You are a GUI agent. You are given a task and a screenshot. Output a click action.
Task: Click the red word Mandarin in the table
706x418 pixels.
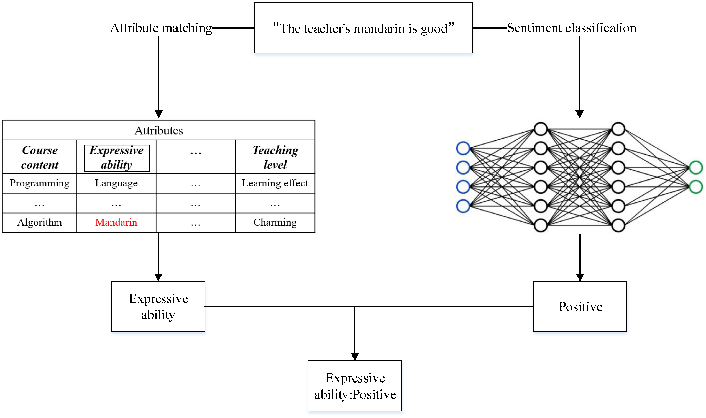(116, 222)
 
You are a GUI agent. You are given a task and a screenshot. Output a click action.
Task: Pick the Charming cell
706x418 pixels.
(275, 222)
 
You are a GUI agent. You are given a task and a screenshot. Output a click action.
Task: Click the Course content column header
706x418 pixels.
(40, 157)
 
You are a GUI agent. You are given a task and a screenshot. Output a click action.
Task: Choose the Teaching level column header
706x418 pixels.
(275, 157)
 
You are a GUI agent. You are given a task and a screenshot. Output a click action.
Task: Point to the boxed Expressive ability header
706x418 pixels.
(116, 158)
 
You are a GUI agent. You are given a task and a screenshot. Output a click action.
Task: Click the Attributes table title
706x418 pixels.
(159, 130)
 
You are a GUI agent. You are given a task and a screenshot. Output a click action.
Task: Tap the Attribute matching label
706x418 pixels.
(161, 28)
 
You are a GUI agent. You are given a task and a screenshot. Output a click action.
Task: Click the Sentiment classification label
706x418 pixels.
(572, 28)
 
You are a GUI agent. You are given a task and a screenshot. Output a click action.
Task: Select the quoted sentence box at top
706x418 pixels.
(363, 28)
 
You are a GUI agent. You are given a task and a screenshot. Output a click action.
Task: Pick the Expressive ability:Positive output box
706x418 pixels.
(355, 386)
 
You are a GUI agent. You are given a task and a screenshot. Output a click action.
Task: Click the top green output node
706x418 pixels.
(696, 168)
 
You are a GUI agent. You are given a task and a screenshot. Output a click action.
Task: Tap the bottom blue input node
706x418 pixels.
(463, 206)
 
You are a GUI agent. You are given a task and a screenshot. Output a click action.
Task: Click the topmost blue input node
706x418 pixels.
(463, 148)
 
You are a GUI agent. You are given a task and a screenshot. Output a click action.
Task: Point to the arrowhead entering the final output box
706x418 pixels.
(355, 357)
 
